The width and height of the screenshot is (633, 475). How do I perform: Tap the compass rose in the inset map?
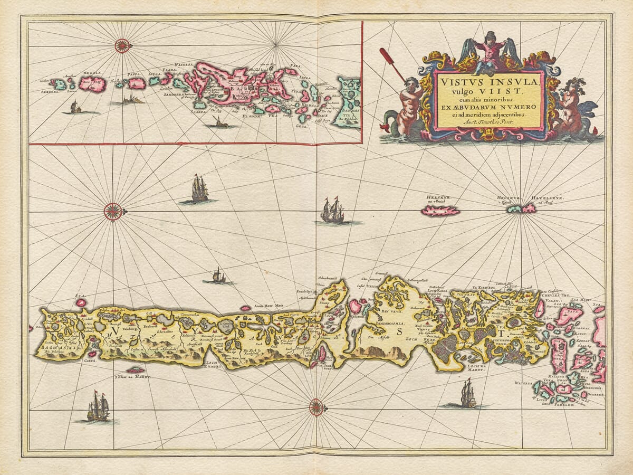[x=122, y=46]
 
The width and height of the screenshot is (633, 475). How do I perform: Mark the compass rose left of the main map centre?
[x=112, y=212]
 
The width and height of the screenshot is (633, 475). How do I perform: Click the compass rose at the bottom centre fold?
[x=316, y=406]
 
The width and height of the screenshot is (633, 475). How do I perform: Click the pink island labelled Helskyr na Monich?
[x=440, y=211]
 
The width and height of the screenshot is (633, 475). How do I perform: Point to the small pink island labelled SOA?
[x=81, y=302]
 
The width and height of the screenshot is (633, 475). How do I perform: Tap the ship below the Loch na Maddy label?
[x=467, y=394]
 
